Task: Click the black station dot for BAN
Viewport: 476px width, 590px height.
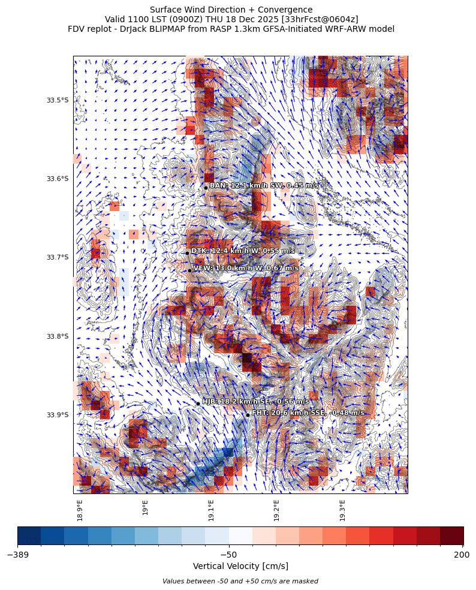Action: [x=206, y=188]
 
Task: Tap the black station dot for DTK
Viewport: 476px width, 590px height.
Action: [x=188, y=253]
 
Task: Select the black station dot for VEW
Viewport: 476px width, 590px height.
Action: [x=189, y=270]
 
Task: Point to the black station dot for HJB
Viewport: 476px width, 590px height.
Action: [x=198, y=404]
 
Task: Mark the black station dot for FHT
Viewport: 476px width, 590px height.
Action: [x=248, y=415]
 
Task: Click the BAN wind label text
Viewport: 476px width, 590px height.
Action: [x=264, y=186]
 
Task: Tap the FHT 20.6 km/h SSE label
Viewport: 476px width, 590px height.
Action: [x=308, y=413]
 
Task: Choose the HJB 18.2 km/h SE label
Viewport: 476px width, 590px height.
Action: [x=255, y=402]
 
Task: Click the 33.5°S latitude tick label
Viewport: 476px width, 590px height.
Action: [x=58, y=100]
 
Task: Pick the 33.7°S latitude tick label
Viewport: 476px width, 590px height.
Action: [x=58, y=258]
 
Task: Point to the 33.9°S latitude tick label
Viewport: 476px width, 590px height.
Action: [x=58, y=415]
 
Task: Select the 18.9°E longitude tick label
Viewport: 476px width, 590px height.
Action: [x=80, y=510]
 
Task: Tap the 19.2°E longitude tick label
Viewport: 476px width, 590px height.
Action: [x=276, y=510]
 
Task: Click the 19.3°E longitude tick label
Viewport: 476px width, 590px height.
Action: [x=342, y=510]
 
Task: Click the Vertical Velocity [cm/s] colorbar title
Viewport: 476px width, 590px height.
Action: [x=240, y=567]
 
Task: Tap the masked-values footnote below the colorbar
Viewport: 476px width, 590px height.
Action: [x=240, y=581]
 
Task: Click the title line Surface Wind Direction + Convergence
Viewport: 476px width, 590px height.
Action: [x=231, y=10]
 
